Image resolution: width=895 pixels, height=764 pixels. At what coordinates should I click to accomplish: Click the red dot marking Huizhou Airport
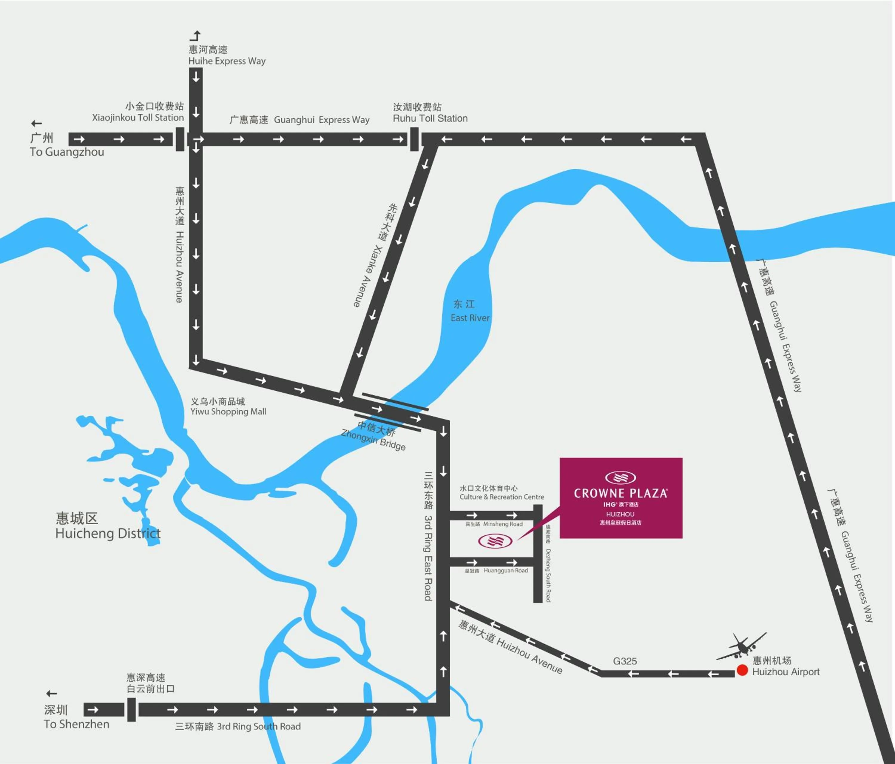742,670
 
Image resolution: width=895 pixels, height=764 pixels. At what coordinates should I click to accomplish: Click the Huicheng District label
108,533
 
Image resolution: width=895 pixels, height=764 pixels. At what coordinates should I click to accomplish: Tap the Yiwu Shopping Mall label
228,411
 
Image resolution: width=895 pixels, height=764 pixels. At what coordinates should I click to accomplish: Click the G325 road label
625,661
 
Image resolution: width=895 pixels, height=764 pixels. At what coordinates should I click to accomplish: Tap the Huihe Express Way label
227,61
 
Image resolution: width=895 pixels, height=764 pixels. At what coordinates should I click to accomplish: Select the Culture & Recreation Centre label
501,497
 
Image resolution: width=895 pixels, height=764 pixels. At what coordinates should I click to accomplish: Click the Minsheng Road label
502,524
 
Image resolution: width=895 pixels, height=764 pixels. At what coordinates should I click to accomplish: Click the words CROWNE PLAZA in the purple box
620,493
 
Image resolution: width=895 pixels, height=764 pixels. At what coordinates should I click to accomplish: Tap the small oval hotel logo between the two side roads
495,540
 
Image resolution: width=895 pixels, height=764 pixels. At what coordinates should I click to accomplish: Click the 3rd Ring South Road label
258,726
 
